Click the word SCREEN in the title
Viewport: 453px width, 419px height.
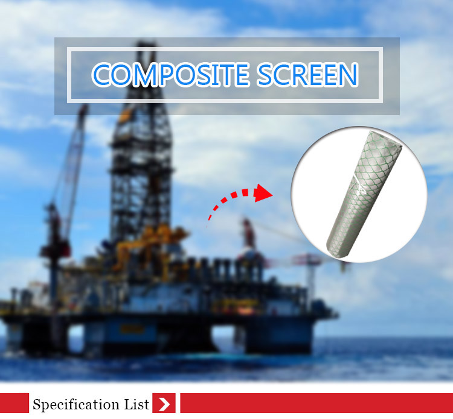coord(307,75)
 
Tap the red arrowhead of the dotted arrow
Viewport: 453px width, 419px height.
coord(263,193)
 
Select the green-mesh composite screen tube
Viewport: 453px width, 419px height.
coord(364,194)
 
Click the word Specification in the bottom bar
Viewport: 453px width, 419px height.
coord(76,405)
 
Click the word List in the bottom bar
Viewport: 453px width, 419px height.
coord(137,404)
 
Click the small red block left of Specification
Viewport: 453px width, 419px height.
coord(14,403)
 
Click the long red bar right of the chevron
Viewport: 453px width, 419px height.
coord(316,403)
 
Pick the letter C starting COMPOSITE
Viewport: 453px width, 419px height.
coord(101,75)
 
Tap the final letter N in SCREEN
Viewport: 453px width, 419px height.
coord(348,75)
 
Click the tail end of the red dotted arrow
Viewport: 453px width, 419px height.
coord(207,225)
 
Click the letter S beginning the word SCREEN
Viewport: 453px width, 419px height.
coord(265,75)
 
